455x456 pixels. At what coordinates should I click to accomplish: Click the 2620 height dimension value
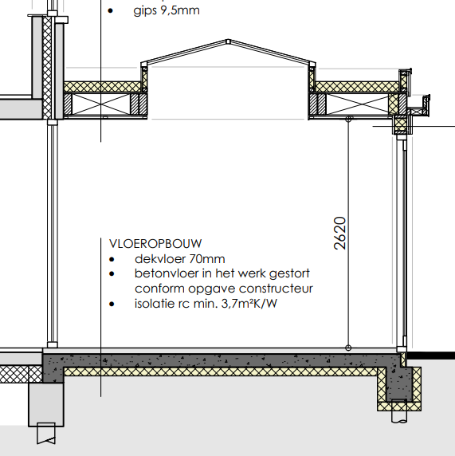coord(339,233)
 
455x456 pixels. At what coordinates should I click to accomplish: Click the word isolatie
coord(157,304)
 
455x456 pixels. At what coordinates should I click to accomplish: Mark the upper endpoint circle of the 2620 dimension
coord(348,119)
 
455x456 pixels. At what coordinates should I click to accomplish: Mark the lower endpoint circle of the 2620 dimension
coord(348,347)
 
